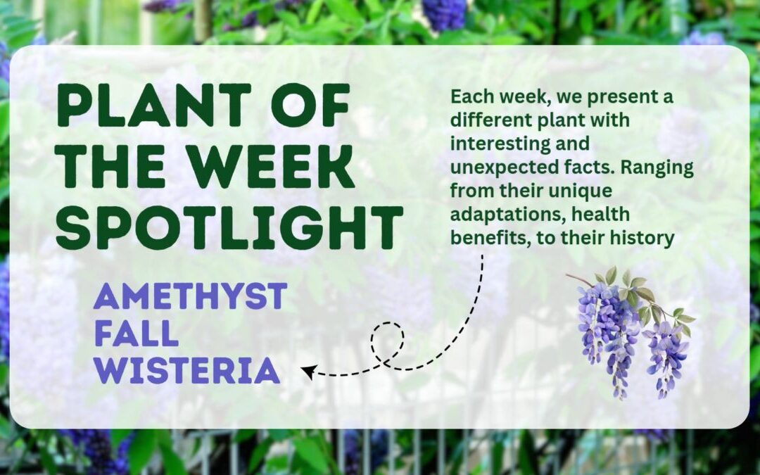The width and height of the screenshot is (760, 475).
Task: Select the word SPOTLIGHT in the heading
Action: [x=229, y=227]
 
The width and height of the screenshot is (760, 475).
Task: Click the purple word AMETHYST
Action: [x=191, y=296]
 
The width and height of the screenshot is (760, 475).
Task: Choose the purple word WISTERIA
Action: [x=186, y=371]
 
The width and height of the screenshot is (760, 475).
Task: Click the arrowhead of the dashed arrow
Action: [x=308, y=372]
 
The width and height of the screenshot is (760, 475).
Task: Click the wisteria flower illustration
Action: [x=630, y=332]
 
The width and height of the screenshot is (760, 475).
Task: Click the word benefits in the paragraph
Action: [x=490, y=239]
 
